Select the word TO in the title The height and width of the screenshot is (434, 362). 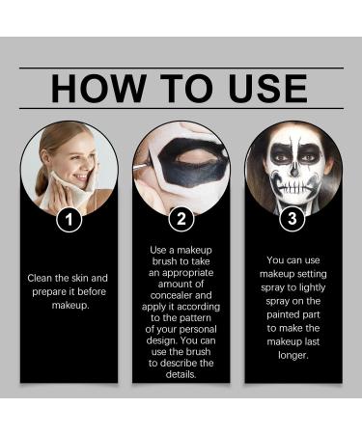[179, 88]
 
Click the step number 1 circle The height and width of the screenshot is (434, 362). [69, 219]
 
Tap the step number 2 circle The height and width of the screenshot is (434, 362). [181, 219]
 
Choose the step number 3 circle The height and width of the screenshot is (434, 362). [292, 219]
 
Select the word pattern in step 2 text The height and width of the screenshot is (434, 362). [194, 312]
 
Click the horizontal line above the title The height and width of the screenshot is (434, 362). [181, 68]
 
